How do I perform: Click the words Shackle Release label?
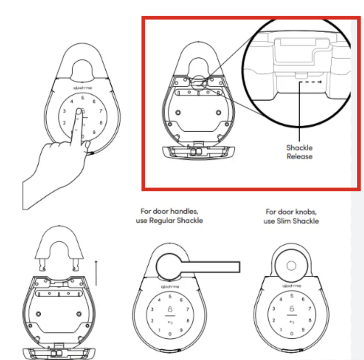pyautogui.click(x=299, y=152)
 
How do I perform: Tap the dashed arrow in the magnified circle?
pyautogui.click(x=312, y=82)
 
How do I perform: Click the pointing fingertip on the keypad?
pyautogui.click(x=79, y=110)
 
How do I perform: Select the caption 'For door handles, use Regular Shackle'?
pyautogui.click(x=169, y=215)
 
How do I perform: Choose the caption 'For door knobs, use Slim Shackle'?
pyautogui.click(x=291, y=216)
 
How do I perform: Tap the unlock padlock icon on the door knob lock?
pyautogui.click(x=291, y=309)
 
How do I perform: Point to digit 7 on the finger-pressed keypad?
pyautogui.click(x=101, y=111)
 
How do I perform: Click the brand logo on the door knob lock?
pyautogui.click(x=291, y=286)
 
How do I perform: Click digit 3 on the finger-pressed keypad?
pyautogui.click(x=64, y=112)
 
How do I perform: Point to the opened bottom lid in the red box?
pyautogui.click(x=197, y=151)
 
